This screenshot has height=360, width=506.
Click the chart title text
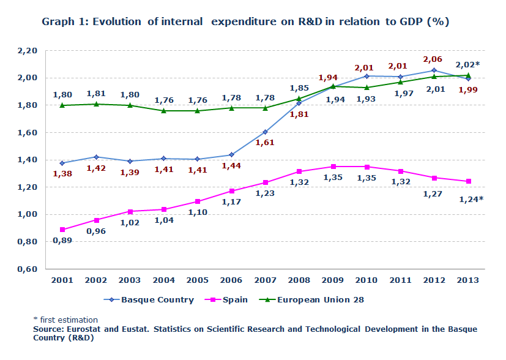tap(245, 22)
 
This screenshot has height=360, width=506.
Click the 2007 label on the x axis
tap(265, 280)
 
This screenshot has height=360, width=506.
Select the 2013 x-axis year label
tap(468, 280)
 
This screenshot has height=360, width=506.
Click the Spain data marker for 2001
tap(62, 230)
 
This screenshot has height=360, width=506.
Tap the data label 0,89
tap(63, 241)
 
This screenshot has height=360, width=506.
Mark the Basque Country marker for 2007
tap(266, 132)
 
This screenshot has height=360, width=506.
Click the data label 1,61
tap(265, 143)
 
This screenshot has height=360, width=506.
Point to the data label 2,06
tap(434, 59)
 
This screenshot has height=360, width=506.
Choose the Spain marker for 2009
tap(333, 167)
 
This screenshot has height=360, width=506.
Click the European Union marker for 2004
tap(164, 110)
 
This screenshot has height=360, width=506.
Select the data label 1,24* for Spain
tap(471, 199)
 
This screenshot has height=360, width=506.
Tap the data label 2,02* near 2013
tap(467, 64)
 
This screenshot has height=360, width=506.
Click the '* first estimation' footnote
tap(65, 320)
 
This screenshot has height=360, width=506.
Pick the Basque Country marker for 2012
tap(434, 70)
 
